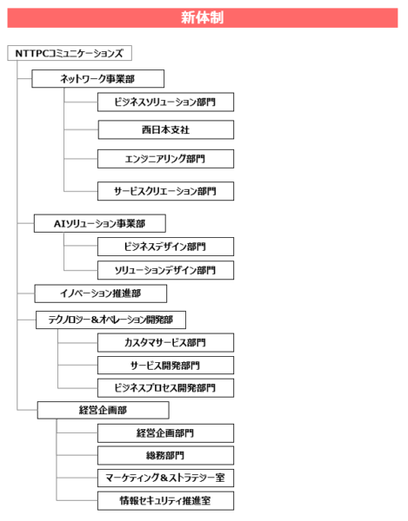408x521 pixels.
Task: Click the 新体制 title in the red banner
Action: (203, 17)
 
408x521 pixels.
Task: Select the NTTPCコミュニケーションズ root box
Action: (70, 53)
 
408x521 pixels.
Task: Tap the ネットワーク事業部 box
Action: (97, 79)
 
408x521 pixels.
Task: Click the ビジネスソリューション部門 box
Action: (166, 102)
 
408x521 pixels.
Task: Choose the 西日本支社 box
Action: (166, 129)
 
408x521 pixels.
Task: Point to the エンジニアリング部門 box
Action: (166, 159)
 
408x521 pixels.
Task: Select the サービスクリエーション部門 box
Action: (166, 191)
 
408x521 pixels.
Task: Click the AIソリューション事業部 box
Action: (100, 223)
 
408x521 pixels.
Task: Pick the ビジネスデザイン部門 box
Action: (166, 247)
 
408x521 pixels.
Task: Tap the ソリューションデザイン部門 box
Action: (166, 270)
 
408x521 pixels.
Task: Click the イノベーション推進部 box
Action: (101, 293)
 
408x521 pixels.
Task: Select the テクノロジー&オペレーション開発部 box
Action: (110, 320)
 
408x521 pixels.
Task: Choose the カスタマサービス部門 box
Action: (166, 343)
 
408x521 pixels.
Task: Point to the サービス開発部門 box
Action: (166, 366)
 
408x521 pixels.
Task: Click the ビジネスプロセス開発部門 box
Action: (166, 388)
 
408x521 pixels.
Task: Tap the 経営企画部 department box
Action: (104, 410)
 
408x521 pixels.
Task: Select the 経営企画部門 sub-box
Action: (166, 433)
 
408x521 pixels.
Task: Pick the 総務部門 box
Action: (166, 455)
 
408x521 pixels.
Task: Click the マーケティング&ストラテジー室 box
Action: (166, 478)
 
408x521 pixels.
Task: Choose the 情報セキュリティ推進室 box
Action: (166, 500)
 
